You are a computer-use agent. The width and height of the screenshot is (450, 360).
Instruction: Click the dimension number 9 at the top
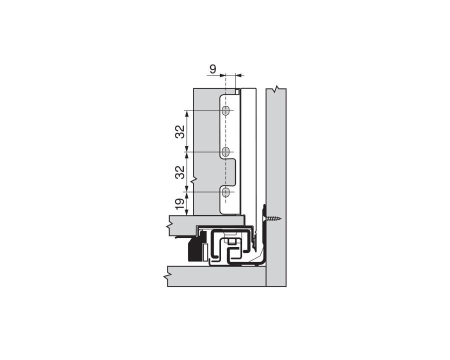click(x=213, y=69)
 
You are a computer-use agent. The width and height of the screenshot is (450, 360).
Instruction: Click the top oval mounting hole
click(x=226, y=110)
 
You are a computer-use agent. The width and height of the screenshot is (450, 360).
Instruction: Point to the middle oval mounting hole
click(x=226, y=151)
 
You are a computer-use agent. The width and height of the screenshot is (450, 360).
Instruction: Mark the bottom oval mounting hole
click(x=226, y=191)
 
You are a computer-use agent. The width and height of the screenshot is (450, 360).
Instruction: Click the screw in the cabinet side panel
click(x=272, y=218)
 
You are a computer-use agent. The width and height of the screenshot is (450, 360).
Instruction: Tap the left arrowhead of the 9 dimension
click(x=223, y=75)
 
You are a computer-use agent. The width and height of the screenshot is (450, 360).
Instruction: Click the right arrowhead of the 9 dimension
click(x=238, y=75)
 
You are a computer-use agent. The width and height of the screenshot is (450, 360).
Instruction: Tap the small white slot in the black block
click(x=204, y=250)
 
